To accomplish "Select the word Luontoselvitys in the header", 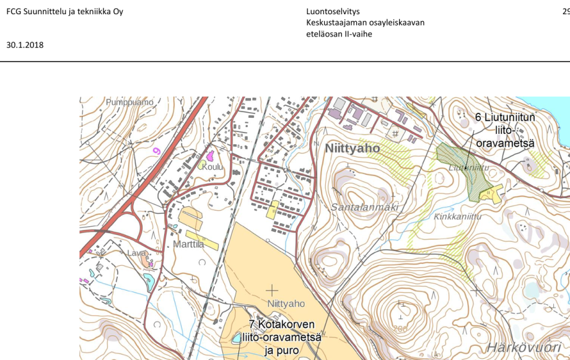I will tap(333, 12).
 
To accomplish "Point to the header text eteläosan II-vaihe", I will tap(339, 34).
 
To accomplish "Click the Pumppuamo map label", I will tap(129, 102).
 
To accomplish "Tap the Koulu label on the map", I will tap(211, 166).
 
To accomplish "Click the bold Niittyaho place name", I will tap(353, 149).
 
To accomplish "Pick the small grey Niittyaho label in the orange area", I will tap(286, 304).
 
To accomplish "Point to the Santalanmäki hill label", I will tap(364, 207).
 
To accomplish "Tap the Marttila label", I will tap(188, 244).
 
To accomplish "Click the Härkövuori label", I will tap(527, 346).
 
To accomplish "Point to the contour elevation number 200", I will tap(400, 329).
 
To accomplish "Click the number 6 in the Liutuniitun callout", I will tap(479, 117).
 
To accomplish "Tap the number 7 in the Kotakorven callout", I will tap(253, 325).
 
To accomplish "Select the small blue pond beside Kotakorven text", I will tap(237, 338).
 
